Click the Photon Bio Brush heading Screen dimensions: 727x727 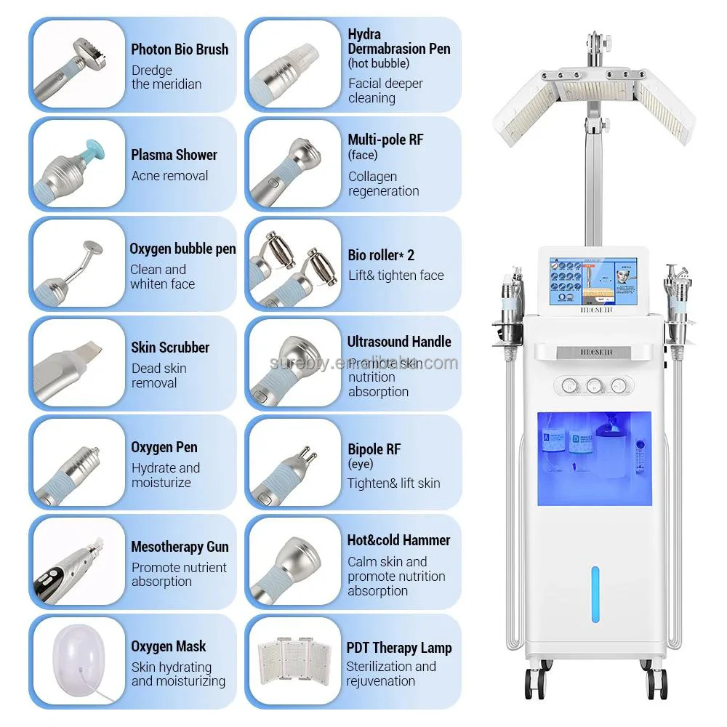click(180, 49)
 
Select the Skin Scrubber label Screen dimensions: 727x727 click(170, 348)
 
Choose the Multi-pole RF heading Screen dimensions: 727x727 click(385, 139)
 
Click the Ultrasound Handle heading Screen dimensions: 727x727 click(399, 342)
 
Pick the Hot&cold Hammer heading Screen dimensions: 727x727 click(398, 540)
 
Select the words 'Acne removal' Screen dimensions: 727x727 click(169, 176)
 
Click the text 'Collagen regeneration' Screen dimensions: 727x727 click(383, 184)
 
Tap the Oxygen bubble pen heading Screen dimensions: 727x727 click(182, 249)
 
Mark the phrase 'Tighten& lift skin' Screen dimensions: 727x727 click(393, 483)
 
